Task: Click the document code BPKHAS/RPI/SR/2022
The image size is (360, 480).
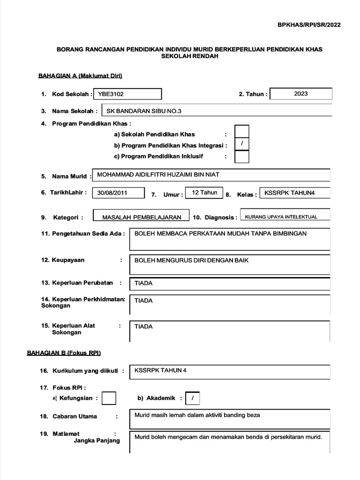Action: [309, 25]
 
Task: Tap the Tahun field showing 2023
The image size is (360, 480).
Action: [301, 94]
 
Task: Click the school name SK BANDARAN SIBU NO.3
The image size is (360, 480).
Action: [144, 111]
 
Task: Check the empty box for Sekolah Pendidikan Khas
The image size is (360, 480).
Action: [241, 132]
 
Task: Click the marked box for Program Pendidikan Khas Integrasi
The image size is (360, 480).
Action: [241, 144]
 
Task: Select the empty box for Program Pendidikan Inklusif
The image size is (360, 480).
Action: [241, 157]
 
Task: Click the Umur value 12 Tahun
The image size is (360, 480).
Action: [204, 192]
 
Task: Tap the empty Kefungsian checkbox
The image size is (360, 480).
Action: [109, 398]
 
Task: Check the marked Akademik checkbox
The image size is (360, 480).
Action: [192, 398]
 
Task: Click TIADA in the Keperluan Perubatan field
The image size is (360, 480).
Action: [143, 283]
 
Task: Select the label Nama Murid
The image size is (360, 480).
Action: [69, 176]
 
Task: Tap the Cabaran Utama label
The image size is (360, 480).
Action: [75, 416]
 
